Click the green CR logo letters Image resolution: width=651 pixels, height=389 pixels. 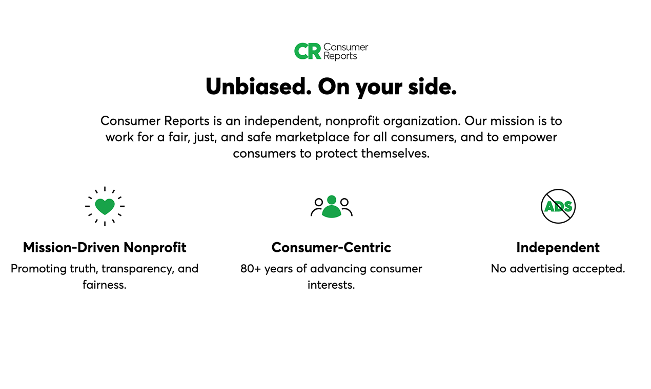[308, 51]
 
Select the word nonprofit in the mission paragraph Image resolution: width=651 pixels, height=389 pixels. [352, 121]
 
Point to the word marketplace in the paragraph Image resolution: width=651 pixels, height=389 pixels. [362, 137]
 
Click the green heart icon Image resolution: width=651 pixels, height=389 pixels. [105, 206]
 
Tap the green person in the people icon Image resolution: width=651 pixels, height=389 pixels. [332, 207]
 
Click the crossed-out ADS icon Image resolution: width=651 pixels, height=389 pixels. [558, 206]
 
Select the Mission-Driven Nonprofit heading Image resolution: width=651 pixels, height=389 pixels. [105, 248]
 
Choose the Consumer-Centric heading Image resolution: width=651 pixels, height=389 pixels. [331, 248]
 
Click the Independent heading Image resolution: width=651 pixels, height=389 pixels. [558, 248]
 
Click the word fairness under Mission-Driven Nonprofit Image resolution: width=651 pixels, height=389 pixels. [104, 285]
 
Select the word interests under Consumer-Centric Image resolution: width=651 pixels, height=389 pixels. [331, 285]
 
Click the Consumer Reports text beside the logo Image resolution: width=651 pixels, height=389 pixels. [345, 52]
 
